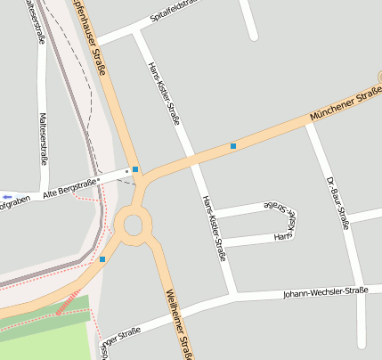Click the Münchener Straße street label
(345, 104)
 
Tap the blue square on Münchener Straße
(233, 145)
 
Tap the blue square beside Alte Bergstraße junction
(135, 169)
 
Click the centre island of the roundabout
(134, 225)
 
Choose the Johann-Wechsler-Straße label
(325, 292)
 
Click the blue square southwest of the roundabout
(102, 259)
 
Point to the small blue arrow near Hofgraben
(7, 196)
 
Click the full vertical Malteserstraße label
(44, 138)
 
